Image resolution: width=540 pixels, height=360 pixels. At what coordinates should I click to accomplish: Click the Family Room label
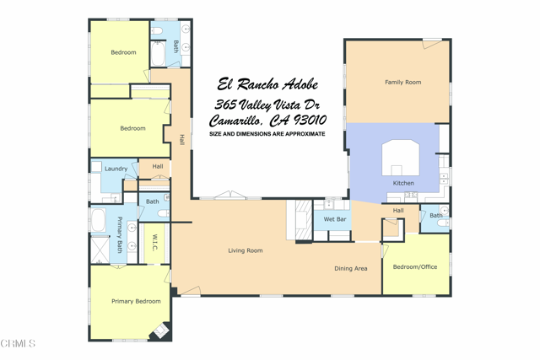[402, 83]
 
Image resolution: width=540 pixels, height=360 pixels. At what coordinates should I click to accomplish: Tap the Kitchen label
[403, 183]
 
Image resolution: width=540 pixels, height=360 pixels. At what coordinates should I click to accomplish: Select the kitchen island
[400, 158]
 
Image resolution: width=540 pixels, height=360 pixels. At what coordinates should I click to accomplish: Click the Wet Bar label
[335, 219]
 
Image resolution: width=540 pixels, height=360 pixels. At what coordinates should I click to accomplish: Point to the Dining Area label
[350, 269]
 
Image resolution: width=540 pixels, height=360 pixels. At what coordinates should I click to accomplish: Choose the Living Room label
[245, 250]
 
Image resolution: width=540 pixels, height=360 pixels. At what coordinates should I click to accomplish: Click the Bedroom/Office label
[416, 266]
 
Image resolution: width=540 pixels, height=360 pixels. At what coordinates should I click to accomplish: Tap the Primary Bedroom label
[136, 301]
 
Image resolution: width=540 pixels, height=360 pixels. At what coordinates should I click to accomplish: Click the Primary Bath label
[120, 235]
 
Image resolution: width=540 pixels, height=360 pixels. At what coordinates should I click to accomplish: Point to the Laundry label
[116, 169]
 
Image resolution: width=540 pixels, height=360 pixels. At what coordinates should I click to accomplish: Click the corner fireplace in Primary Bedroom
[159, 331]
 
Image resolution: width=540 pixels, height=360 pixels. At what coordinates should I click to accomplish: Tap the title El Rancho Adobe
[267, 84]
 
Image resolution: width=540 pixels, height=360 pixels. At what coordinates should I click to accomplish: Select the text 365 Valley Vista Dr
[267, 104]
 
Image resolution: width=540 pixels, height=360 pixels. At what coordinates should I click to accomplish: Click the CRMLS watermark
[19, 343]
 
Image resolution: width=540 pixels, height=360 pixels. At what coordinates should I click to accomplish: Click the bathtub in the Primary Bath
[100, 221]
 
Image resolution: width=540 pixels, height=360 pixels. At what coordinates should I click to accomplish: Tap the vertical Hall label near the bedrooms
[181, 139]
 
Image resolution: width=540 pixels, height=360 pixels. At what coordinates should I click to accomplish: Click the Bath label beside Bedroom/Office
[435, 216]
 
